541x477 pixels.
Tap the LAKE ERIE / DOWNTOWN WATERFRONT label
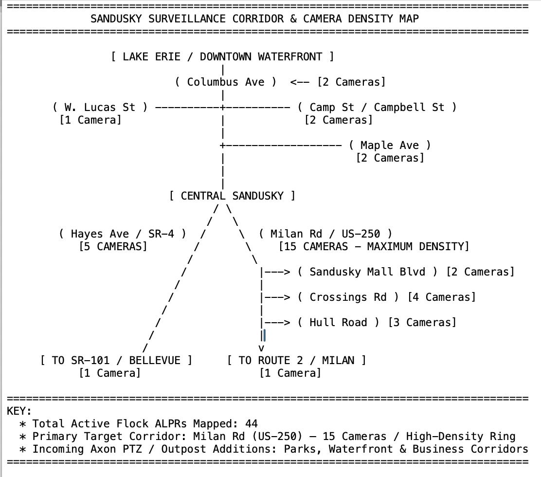[222, 56]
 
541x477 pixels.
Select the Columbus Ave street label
[226, 82]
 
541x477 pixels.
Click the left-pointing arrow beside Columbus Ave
[300, 82]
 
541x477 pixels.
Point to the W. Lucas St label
[100, 108]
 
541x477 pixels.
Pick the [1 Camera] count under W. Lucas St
[90, 120]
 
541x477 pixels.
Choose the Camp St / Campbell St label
[377, 108]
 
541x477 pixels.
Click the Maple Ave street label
[390, 146]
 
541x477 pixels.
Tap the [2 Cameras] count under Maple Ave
[390, 158]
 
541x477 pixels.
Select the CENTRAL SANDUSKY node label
[232, 196]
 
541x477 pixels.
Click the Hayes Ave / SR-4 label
[123, 234]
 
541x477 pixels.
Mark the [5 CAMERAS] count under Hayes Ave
[113, 246]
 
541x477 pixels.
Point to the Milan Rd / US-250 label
[325, 234]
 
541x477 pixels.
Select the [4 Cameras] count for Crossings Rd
[442, 297]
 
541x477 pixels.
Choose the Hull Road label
[338, 322]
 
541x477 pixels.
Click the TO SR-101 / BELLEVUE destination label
[116, 360]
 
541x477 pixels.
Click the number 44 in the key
[252, 423]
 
